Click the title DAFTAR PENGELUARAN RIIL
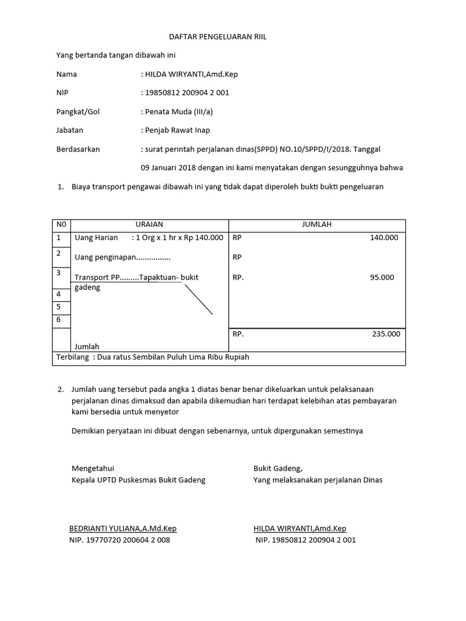[217, 38]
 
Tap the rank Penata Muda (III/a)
[178, 112]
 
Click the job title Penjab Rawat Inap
[177, 130]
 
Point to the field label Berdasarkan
[78, 149]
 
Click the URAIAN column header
[149, 224]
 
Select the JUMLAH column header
[317, 224]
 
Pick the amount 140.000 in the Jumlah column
[383, 238]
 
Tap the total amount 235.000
[385, 334]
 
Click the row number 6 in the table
[59, 320]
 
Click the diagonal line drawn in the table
[198, 300]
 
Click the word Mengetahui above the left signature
[93, 469]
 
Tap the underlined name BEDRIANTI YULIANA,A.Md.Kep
[123, 529]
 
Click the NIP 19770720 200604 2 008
[120, 540]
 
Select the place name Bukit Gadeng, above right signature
[277, 469]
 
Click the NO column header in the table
[61, 224]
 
